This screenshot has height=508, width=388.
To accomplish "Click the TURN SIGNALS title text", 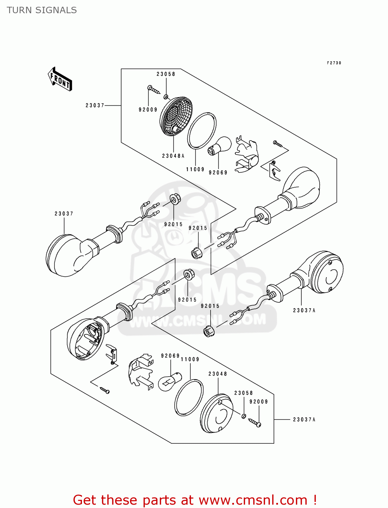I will (42, 10).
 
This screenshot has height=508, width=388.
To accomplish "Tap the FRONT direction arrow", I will (60, 80).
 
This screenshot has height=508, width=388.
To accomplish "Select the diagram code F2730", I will (334, 63).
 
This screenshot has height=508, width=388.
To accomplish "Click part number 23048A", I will (173, 156).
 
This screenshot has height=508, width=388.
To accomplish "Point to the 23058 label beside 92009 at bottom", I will (243, 393).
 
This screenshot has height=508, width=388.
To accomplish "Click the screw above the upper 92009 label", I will (154, 89).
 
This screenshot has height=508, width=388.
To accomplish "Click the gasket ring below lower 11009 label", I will (189, 398).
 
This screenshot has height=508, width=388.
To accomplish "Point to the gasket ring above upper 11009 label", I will (202, 130).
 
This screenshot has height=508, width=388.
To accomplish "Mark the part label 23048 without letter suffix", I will (217, 374).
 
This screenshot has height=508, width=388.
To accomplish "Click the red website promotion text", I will (195, 500).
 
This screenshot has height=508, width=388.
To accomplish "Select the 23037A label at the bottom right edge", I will (304, 420).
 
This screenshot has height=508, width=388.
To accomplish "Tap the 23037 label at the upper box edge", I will (95, 106).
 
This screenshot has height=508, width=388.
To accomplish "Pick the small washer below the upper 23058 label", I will (166, 97).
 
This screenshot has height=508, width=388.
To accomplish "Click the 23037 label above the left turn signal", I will (64, 214).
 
